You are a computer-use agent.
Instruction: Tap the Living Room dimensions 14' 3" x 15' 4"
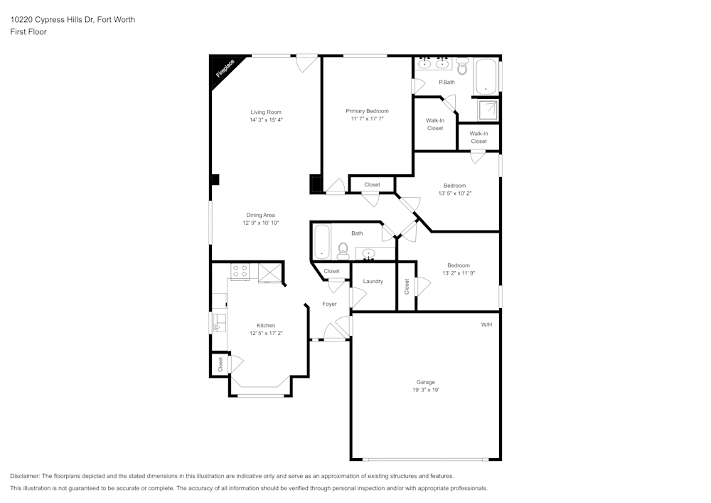(x=266, y=120)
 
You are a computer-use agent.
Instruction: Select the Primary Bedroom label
(x=367, y=111)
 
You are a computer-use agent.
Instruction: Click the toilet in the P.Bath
(x=462, y=68)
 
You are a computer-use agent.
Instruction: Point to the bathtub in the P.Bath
(x=486, y=77)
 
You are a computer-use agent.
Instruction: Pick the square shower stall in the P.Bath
(x=488, y=110)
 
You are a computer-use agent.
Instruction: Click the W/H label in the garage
(x=486, y=324)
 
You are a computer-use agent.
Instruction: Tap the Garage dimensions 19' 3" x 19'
(x=425, y=390)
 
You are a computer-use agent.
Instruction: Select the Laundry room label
(x=373, y=281)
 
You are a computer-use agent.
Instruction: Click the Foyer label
(x=329, y=304)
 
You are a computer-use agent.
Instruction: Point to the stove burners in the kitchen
(x=240, y=271)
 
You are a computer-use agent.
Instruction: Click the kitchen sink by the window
(x=220, y=322)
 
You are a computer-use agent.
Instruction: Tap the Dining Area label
(x=260, y=215)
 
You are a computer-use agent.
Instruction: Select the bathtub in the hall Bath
(x=321, y=243)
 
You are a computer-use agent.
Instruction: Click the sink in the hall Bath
(x=368, y=253)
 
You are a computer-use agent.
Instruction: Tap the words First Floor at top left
(x=28, y=32)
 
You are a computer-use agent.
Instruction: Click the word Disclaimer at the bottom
(x=26, y=476)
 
